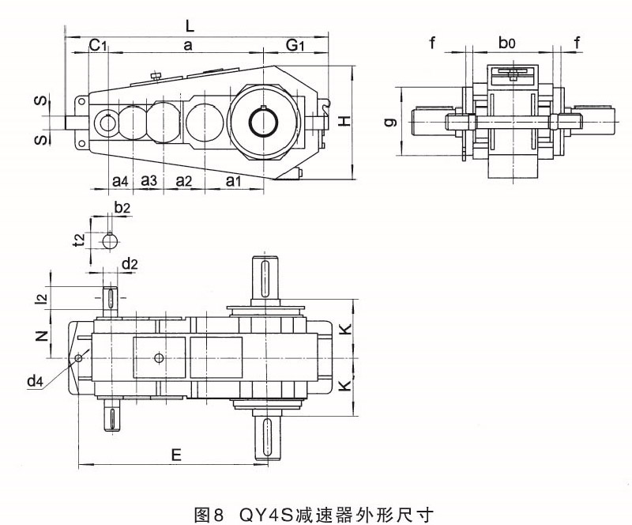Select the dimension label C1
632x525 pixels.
click(x=98, y=47)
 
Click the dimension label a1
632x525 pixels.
click(x=234, y=181)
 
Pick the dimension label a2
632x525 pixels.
click(x=183, y=181)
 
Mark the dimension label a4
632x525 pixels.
click(x=120, y=181)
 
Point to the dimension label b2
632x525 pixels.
click(x=122, y=209)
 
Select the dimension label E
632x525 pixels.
click(x=176, y=455)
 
